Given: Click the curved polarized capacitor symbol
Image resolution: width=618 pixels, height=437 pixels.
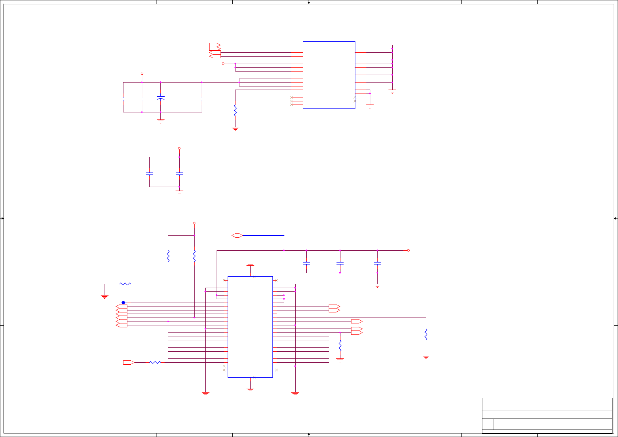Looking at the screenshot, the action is pos(160,98).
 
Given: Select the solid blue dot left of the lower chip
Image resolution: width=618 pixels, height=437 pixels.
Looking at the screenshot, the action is pos(123,303).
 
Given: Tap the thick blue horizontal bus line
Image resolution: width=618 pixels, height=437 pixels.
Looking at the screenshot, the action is pos(263,235).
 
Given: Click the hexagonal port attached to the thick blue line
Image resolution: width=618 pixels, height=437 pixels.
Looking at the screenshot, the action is pos(237,235).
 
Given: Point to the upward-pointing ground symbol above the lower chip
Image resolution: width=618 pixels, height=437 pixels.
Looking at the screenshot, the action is pos(250,263).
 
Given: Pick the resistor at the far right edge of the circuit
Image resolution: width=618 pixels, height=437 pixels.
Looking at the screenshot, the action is pos(426,334).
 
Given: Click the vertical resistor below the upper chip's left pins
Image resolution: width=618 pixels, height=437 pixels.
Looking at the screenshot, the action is pos(235,110).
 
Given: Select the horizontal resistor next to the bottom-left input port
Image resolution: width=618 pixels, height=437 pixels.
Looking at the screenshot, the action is pos(155,362).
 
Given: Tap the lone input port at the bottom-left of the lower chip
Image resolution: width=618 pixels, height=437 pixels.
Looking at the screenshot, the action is pos(129,362).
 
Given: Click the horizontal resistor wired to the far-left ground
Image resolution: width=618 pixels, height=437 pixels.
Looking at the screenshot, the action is pos(125,284).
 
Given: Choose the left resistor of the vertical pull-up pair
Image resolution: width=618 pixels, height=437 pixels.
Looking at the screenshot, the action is pos(168,256).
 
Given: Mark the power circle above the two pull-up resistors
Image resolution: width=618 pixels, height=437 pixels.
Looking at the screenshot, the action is pos(194,223).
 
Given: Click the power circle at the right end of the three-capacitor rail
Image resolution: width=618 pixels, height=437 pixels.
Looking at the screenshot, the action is pos(408,250).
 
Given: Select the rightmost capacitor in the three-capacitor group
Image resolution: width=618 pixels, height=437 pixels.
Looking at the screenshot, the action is pos(377,263).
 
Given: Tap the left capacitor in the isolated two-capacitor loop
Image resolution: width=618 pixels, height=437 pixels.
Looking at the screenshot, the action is pos(149,173).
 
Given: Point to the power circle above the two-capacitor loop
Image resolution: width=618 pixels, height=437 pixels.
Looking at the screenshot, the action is pos(179,149).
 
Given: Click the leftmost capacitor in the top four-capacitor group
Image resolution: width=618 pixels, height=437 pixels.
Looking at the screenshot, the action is pos(123,99).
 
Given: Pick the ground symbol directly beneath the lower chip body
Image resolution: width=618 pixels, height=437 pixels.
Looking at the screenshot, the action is pos(250,390).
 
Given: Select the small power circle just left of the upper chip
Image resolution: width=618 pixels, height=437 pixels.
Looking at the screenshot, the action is pos(223,64).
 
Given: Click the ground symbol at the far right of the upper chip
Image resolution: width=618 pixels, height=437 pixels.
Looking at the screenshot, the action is pos(392,91).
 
